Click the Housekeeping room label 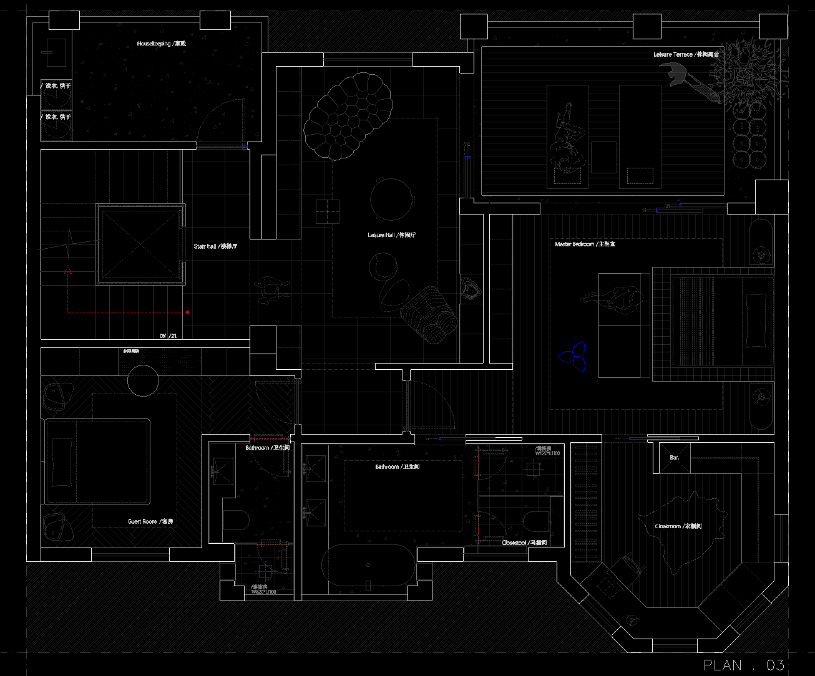tap(162, 44)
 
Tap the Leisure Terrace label tap(686, 55)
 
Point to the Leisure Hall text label tap(391, 235)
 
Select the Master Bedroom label tap(585, 244)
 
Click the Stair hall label tap(215, 246)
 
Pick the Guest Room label tap(150, 521)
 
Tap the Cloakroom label tap(678, 526)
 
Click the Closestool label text tap(524, 543)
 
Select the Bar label tap(675, 458)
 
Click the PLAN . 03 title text tap(743, 665)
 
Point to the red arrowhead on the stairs tap(67, 270)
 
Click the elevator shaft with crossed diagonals tap(140, 244)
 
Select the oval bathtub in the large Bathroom tap(368, 566)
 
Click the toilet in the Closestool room tap(537, 521)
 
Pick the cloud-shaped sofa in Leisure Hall tap(348, 115)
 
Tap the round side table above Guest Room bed tap(144, 380)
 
